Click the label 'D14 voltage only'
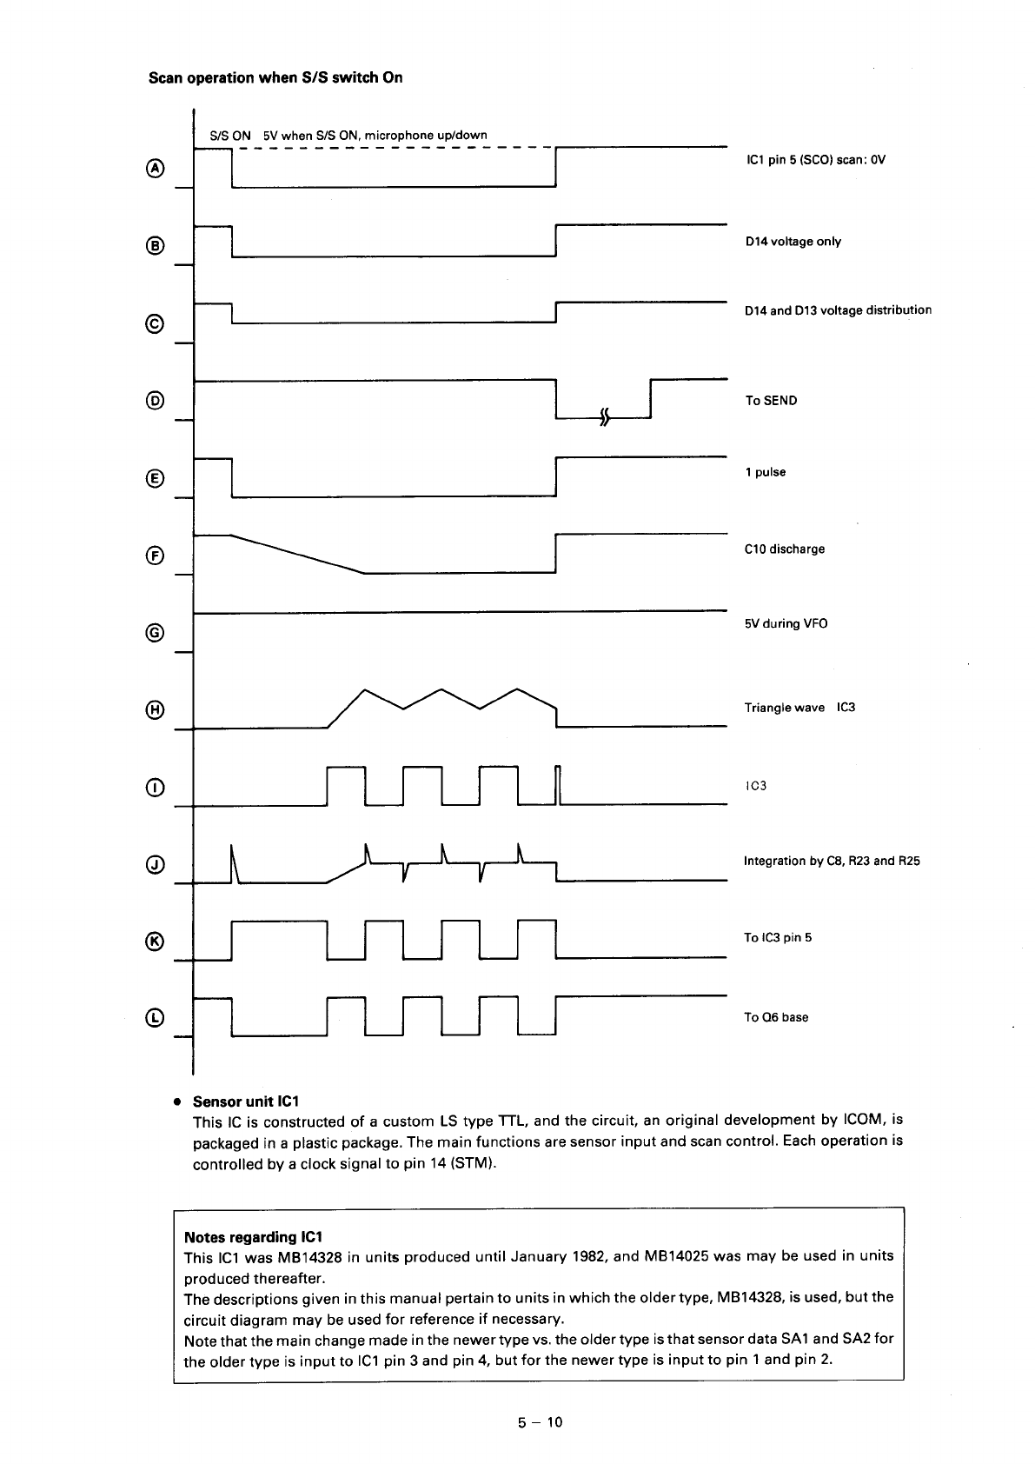tap(793, 242)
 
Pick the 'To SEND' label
tap(770, 401)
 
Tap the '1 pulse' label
tap(765, 473)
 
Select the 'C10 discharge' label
tap(784, 549)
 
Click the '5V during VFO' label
tap(786, 624)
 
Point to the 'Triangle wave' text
tap(784, 708)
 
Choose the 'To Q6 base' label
tap(775, 1018)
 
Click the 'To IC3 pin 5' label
tap(777, 938)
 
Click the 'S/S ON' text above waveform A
tap(230, 136)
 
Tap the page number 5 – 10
tap(541, 1422)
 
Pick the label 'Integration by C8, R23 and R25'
tap(832, 862)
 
